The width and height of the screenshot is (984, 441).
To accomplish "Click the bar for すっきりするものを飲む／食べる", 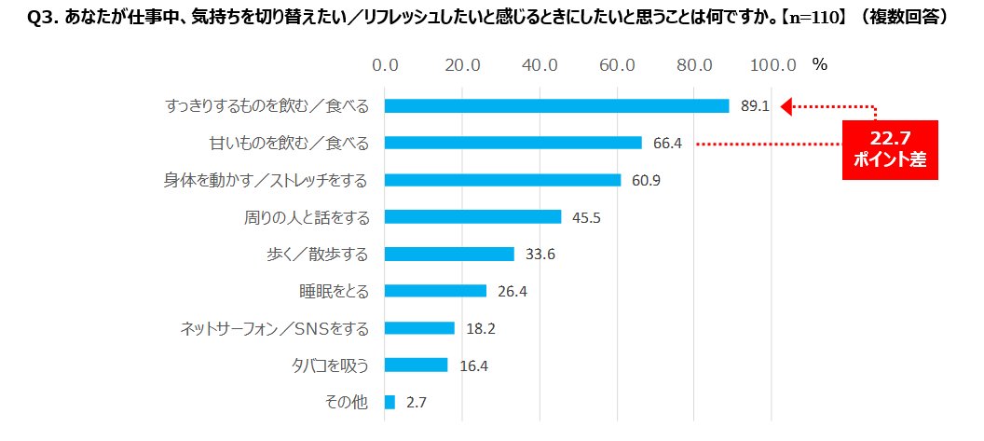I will [556, 106].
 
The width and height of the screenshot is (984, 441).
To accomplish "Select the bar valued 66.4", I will [512, 143].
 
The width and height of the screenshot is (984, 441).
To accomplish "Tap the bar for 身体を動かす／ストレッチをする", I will [502, 180].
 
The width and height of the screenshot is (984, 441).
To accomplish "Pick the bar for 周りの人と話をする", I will [472, 216].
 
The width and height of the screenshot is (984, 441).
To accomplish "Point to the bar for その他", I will [389, 402].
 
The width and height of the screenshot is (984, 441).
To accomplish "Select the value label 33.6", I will [540, 254].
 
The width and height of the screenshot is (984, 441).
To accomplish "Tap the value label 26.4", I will [512, 291].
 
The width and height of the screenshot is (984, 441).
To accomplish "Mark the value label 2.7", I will [417, 402].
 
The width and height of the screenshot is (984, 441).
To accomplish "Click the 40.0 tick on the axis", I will [540, 65].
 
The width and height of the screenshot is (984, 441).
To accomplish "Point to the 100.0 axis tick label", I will [772, 65].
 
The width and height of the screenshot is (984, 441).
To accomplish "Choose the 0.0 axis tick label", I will [385, 65].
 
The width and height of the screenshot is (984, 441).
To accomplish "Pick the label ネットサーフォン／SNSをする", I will [275, 328].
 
